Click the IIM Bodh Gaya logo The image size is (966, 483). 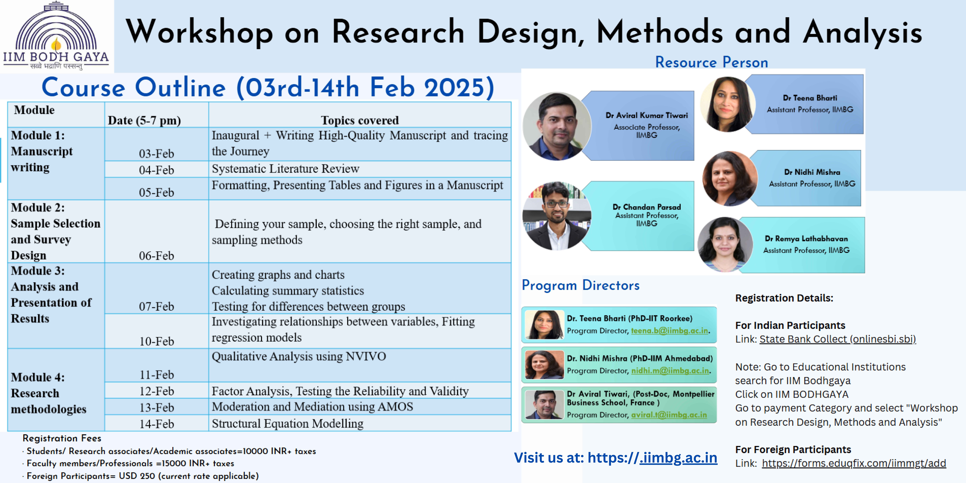point(56,36)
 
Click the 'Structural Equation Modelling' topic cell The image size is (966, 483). point(360,423)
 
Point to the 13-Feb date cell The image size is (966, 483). point(156,407)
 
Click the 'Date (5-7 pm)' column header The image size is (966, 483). point(144,120)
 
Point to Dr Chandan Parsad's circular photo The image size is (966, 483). point(557,216)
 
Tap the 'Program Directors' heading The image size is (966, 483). point(580,285)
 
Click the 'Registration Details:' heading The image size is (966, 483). point(784,298)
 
